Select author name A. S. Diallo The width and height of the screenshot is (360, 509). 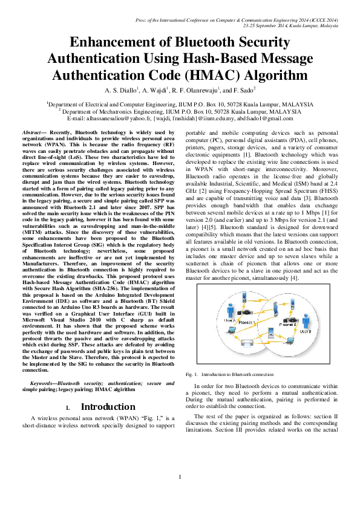click(x=120, y=91)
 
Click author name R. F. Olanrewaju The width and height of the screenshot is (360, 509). click(x=197, y=91)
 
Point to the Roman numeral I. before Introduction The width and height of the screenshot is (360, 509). click(x=68, y=407)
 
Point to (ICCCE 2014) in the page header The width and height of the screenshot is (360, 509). click(x=324, y=20)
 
